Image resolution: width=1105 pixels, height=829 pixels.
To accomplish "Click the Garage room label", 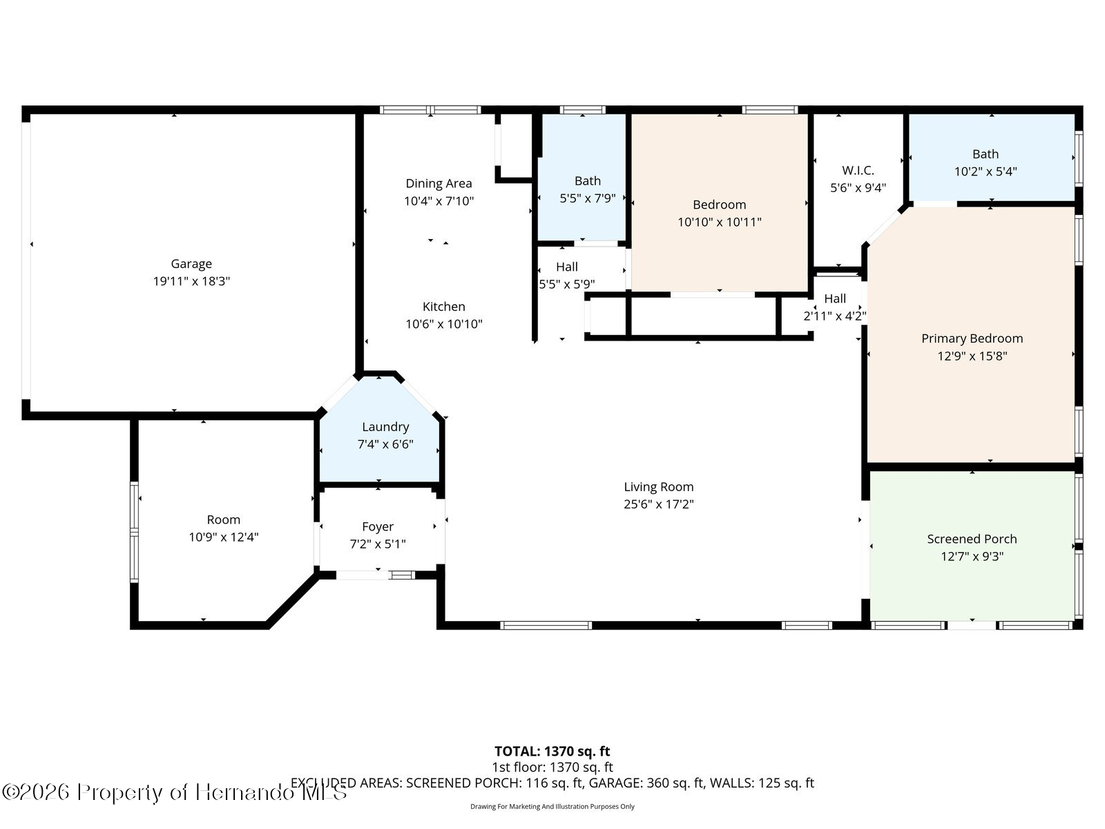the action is (191, 264).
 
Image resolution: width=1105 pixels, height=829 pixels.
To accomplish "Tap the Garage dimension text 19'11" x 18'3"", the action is (191, 281).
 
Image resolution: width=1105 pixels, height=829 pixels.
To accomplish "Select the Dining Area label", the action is (439, 183).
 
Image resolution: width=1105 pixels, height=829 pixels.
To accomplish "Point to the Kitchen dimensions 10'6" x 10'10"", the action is (444, 323).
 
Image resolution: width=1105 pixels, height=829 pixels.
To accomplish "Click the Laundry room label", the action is (385, 427).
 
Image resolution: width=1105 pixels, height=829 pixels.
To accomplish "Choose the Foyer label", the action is (378, 526).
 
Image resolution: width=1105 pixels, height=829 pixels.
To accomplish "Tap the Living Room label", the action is (659, 487).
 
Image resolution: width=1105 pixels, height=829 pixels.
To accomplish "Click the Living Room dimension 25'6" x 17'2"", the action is (659, 504).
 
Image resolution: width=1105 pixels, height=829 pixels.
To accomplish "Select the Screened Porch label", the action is (972, 539).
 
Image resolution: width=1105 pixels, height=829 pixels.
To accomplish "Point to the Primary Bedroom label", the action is (972, 339).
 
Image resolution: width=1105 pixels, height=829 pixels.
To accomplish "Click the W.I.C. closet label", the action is (858, 170).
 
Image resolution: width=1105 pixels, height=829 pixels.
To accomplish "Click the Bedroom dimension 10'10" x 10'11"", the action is (720, 222).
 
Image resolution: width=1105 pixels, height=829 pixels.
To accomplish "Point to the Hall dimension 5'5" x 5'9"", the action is (568, 284).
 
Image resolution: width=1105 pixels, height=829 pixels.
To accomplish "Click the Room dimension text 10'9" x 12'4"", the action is (224, 537).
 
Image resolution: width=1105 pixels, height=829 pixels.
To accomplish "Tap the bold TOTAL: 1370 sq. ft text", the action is (552, 752).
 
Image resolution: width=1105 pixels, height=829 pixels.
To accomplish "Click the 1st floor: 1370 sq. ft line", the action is (552, 767).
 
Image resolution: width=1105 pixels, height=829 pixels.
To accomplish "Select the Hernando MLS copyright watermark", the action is (174, 792).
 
